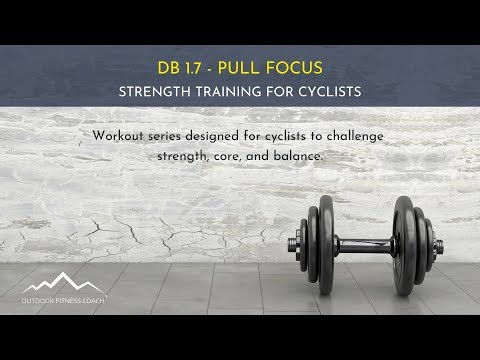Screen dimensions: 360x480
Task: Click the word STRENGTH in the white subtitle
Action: click(156, 91)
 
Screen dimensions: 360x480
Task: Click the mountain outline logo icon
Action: click(62, 282)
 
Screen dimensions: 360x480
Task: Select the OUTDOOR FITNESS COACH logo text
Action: click(63, 299)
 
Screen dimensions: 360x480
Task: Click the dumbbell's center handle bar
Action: click(365, 243)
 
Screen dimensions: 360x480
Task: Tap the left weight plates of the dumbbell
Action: click(321, 243)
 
